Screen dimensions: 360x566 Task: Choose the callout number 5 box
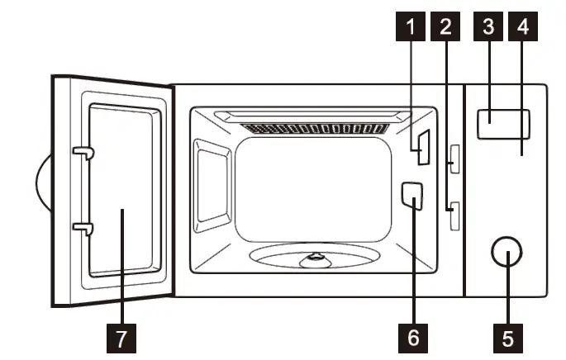point(507,337)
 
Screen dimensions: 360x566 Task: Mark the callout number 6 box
point(413,337)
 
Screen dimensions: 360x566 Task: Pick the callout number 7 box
point(121,337)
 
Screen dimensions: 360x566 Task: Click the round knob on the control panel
point(507,254)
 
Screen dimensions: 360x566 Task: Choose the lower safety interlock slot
point(454,218)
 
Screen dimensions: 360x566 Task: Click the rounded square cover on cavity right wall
point(411,195)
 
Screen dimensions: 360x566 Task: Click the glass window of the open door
point(121,190)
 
